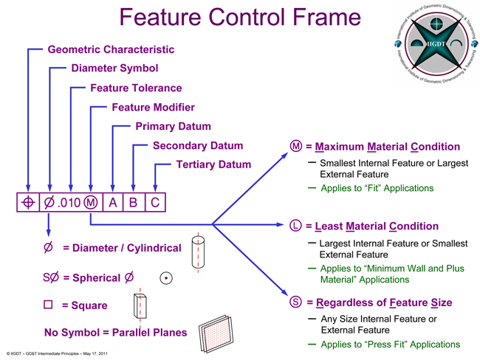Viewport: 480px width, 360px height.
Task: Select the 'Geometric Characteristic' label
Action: point(111,49)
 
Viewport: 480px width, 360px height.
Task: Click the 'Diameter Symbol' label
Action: point(114,69)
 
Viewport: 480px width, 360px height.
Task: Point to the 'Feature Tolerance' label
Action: point(136,88)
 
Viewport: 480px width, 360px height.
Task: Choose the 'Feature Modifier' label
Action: point(153,107)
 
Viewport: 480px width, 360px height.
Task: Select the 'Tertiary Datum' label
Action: point(214,165)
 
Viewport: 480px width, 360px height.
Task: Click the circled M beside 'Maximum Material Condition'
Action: point(296,146)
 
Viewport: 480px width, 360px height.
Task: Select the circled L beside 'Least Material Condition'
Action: point(295,226)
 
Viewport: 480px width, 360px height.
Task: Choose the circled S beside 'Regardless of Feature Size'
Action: point(295,302)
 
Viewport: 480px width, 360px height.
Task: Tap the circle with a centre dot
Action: point(167,278)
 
